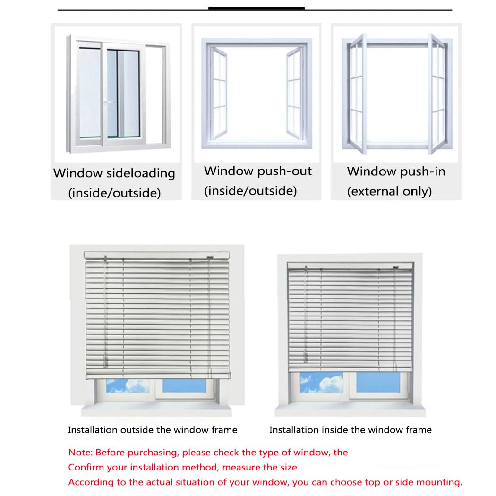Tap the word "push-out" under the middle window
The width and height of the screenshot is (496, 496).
pos(284,171)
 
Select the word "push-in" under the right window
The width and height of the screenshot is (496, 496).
pos(423,172)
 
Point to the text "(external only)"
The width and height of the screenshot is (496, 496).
pos(389,191)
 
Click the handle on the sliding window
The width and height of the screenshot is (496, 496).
pos(109,102)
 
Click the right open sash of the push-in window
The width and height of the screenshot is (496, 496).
pos(438,94)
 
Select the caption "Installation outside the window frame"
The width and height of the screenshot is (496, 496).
pos(153,430)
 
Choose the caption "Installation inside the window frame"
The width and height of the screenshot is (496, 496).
pos(351,430)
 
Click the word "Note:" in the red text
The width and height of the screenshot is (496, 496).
pos(80,453)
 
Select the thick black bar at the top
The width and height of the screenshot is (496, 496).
pos(257,8)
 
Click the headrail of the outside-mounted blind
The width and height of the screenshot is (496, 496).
pos(156,255)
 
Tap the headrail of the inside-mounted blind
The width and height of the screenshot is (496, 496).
pos(350,265)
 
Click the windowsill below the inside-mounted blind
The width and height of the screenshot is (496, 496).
pos(351,410)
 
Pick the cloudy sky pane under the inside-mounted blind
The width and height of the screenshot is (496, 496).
pos(321,383)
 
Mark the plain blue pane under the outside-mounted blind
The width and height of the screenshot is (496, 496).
pos(184,385)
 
